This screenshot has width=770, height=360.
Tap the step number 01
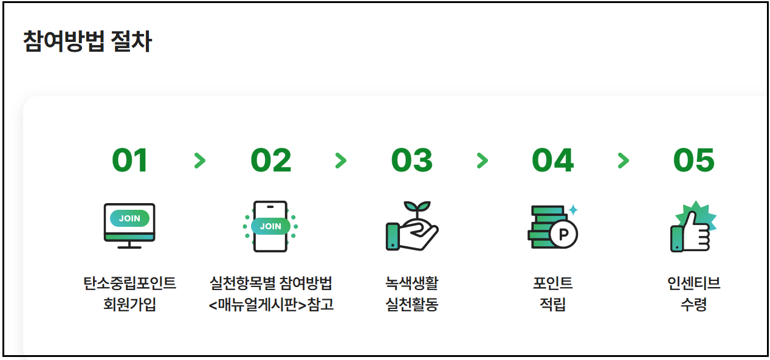pos(129,161)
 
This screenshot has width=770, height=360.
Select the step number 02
pos(270,161)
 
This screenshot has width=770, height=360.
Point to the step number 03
pos(411,161)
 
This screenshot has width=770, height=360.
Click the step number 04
pos(552,161)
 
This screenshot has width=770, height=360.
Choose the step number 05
pos(693,161)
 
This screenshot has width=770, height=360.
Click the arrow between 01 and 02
pos(200,161)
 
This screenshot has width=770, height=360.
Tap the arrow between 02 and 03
pos(341,161)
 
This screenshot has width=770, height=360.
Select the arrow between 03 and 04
pos(482,161)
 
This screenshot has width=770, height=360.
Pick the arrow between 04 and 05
pos(623,161)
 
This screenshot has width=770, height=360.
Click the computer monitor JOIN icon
pos(129,226)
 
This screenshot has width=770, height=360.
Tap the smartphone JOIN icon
pos(270,226)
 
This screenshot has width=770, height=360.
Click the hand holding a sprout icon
pos(411,226)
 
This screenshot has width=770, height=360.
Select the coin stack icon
pos(552,227)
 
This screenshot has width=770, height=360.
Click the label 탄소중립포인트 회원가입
pos(129,294)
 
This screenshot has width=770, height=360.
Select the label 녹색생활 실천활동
pos(411,294)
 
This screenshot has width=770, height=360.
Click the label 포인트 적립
pos(552,294)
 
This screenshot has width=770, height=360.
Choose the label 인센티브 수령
pos(693,294)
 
